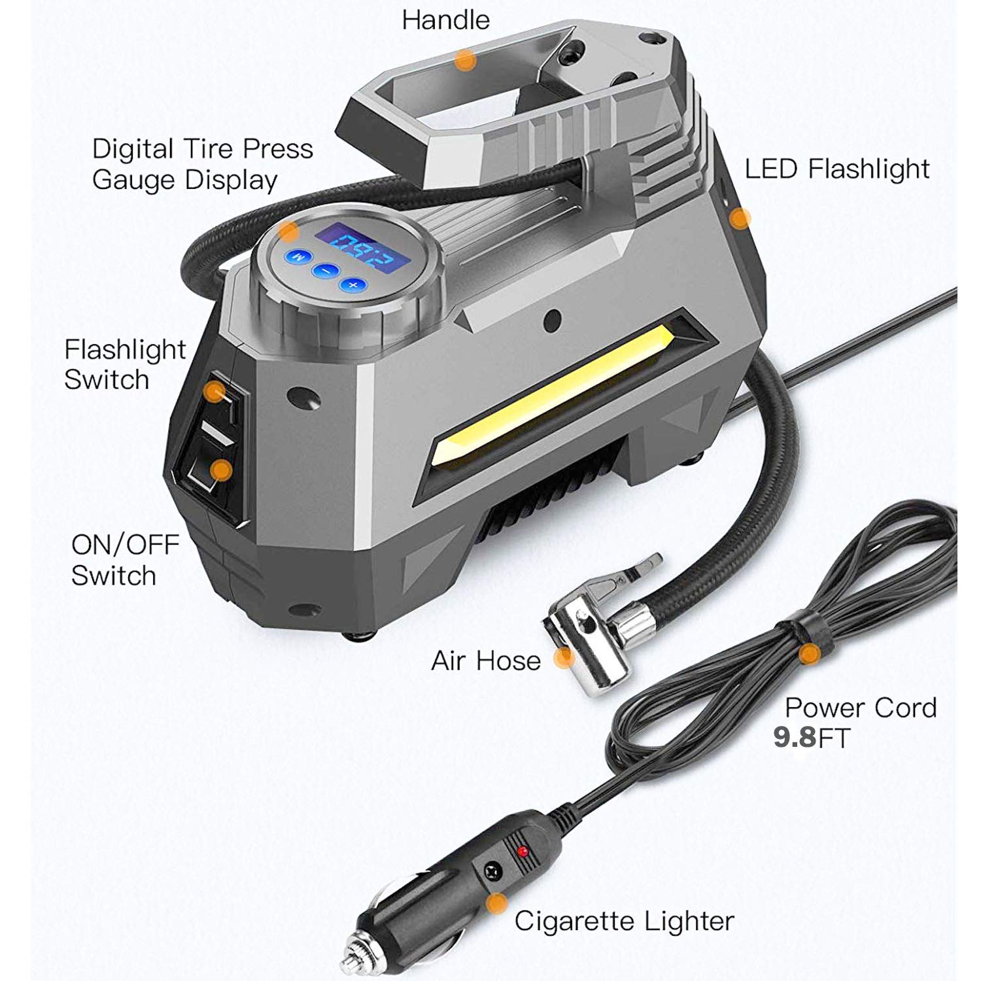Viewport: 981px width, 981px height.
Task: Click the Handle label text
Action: pos(445,20)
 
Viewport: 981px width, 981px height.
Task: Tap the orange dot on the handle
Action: pos(465,60)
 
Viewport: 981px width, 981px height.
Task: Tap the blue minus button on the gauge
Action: pos(324,270)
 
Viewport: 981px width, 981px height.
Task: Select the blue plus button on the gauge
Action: pos(353,284)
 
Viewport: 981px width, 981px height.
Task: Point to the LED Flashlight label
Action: pos(836,169)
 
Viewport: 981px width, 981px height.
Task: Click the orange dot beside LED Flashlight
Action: pos(740,218)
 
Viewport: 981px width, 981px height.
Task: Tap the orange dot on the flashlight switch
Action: pos(214,392)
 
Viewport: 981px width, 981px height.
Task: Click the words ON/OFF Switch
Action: pos(124,560)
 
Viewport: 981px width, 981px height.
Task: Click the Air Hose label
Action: pos(486,661)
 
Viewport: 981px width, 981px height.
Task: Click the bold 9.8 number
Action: pos(794,738)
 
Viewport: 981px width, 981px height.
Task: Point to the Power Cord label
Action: pos(860,708)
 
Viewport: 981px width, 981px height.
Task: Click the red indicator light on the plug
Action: pos(522,852)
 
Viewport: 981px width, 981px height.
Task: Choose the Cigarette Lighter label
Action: pos(624,921)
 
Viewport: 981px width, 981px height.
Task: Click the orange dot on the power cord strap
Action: pos(810,653)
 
